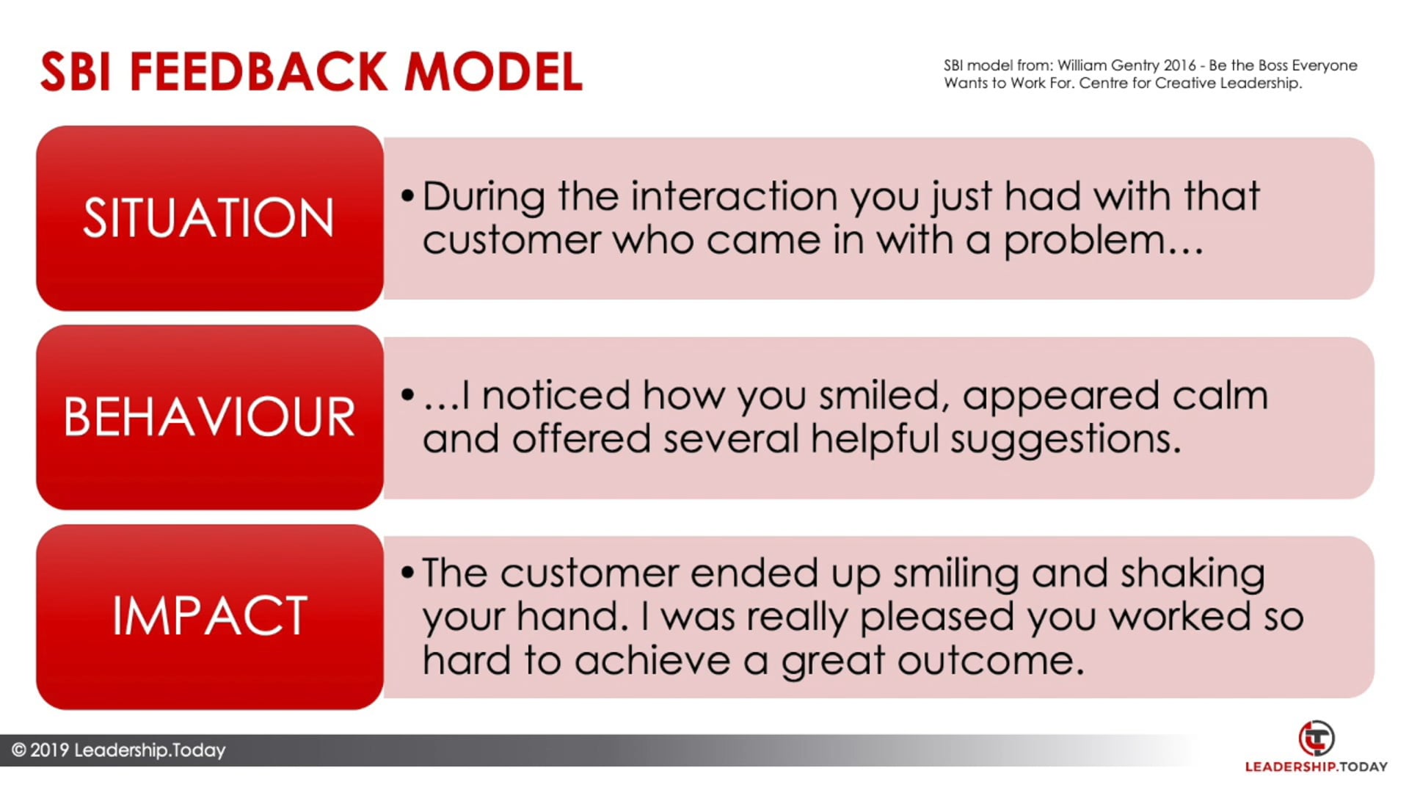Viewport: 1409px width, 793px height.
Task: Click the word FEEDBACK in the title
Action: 258,72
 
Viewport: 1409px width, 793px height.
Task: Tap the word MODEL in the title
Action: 493,72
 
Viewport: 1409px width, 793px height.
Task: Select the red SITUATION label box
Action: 210,218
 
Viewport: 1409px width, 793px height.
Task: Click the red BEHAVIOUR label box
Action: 210,417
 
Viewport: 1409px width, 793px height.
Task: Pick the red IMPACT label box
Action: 210,617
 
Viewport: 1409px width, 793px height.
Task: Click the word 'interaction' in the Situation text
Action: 734,197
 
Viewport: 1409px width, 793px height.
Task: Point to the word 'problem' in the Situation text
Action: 1085,241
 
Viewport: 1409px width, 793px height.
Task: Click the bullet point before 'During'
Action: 408,197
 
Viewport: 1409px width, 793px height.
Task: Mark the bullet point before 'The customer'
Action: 408,573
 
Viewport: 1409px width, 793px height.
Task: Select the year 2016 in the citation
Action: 1180,65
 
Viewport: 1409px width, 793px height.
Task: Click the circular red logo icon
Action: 1317,739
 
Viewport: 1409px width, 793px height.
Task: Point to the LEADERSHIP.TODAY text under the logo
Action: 1317,767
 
